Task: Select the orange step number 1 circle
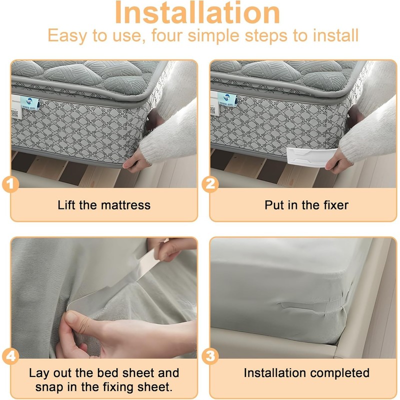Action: coord(11,184)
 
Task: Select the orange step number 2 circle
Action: coord(210,184)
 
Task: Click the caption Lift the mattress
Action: coord(104,204)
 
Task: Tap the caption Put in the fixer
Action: coord(306,204)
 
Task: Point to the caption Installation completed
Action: coord(306,373)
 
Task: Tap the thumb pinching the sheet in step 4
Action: coord(75,319)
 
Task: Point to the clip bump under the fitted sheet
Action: coord(300,304)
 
